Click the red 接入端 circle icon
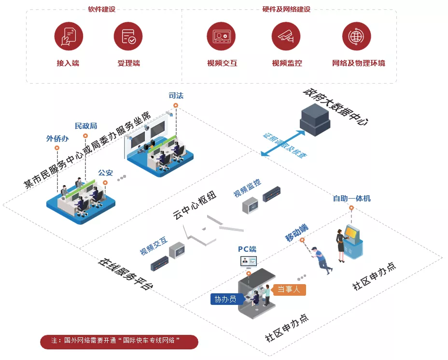point(68,36)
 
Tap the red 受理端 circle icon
point(128,36)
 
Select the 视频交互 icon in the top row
point(222,36)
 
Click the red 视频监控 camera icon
point(286,36)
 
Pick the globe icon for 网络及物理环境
point(356,36)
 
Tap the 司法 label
point(176,95)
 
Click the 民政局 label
point(86,126)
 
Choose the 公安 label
point(105,173)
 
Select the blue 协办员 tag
point(225,299)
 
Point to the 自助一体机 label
point(351,198)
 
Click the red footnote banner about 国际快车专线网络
point(119,341)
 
